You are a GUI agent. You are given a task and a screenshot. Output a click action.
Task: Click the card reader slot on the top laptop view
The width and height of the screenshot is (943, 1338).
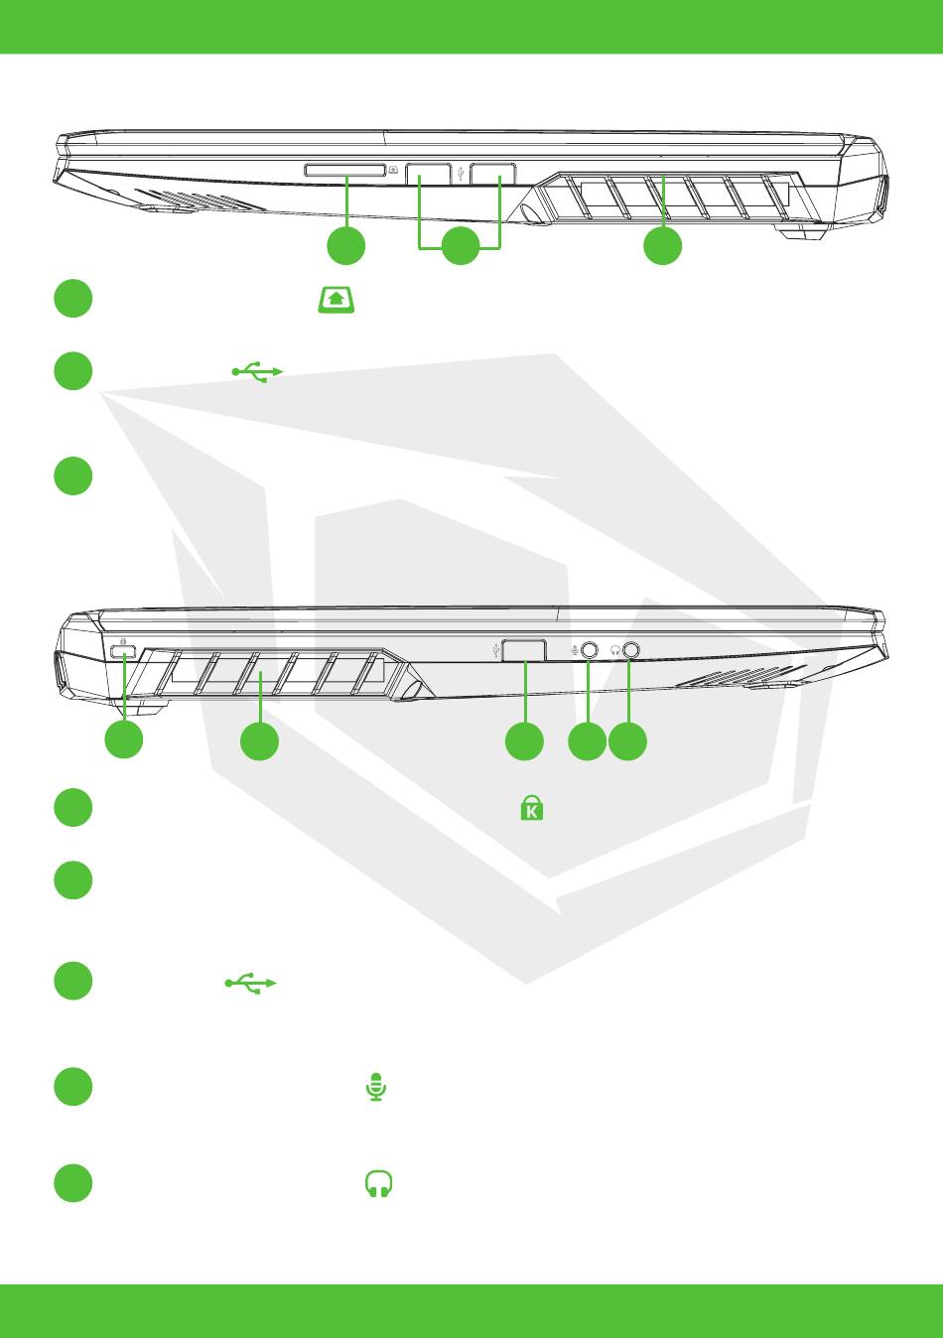(344, 171)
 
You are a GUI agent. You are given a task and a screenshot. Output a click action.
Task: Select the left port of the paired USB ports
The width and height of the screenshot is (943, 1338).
(428, 174)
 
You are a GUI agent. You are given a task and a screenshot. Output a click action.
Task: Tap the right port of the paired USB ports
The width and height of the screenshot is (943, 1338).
(492, 174)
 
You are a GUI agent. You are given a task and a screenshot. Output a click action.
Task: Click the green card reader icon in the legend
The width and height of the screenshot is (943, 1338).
(337, 299)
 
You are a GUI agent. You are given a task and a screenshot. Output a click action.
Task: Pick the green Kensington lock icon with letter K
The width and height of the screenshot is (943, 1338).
(532, 808)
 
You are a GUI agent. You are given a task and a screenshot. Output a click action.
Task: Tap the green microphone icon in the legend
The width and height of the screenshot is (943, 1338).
(375, 1087)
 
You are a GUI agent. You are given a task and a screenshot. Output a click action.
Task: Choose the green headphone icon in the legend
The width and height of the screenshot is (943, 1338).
(379, 1183)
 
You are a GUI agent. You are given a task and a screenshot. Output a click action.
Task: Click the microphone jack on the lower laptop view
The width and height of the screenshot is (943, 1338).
(589, 650)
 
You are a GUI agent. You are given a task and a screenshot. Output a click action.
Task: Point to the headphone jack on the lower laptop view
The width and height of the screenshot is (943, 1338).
(630, 650)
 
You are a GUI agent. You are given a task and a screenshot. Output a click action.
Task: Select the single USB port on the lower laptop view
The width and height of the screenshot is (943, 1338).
(524, 650)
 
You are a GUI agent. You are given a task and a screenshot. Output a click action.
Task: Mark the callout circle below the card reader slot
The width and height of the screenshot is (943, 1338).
(345, 245)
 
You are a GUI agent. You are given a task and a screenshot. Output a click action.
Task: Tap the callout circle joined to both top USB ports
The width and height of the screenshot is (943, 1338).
(460, 245)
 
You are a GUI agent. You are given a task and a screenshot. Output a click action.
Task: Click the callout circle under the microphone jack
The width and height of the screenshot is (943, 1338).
(587, 741)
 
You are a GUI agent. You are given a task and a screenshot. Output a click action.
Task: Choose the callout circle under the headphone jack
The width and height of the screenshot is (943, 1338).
(627, 741)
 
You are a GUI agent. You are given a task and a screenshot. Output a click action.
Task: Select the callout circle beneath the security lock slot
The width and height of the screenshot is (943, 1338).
(124, 741)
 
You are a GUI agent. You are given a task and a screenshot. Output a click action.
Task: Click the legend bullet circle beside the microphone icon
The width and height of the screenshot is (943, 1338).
(72, 1087)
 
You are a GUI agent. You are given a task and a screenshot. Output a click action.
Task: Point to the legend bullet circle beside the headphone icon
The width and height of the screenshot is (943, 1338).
(72, 1183)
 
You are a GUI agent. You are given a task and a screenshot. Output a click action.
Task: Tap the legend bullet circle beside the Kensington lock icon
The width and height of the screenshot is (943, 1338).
(72, 807)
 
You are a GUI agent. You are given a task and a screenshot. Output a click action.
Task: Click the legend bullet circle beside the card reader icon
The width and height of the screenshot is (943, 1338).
(72, 299)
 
